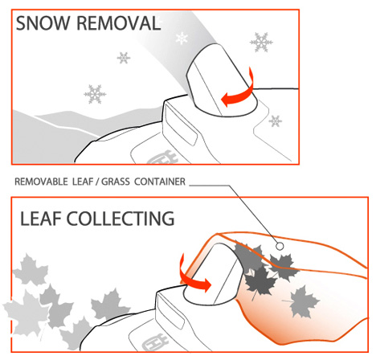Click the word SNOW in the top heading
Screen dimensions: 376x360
pyautogui.click(x=43, y=23)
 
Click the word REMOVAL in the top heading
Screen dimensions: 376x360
pyautogui.click(x=118, y=23)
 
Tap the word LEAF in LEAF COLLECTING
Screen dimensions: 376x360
pyautogui.click(x=41, y=219)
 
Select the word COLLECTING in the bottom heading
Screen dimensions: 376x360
pyautogui.click(x=121, y=219)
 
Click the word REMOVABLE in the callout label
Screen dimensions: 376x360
pyautogui.click(x=41, y=182)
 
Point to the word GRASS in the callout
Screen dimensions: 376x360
pyautogui.click(x=116, y=182)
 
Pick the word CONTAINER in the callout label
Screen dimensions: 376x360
pyautogui.click(x=160, y=182)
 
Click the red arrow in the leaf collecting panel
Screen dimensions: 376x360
pyautogui.click(x=193, y=279)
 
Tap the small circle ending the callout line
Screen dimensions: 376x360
pyautogui.click(x=280, y=246)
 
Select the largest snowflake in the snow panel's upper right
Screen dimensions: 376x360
pyautogui.click(x=261, y=43)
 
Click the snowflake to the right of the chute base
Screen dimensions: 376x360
pyautogui.click(x=276, y=121)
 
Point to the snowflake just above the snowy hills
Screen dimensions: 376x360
pyautogui.click(x=95, y=94)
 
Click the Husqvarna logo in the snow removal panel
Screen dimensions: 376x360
pyautogui.click(x=162, y=157)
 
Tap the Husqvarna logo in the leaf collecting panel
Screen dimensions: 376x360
pyautogui.click(x=155, y=343)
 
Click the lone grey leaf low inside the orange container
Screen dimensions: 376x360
pyautogui.click(x=304, y=301)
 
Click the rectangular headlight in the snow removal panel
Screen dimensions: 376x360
pyautogui.click(x=180, y=125)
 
